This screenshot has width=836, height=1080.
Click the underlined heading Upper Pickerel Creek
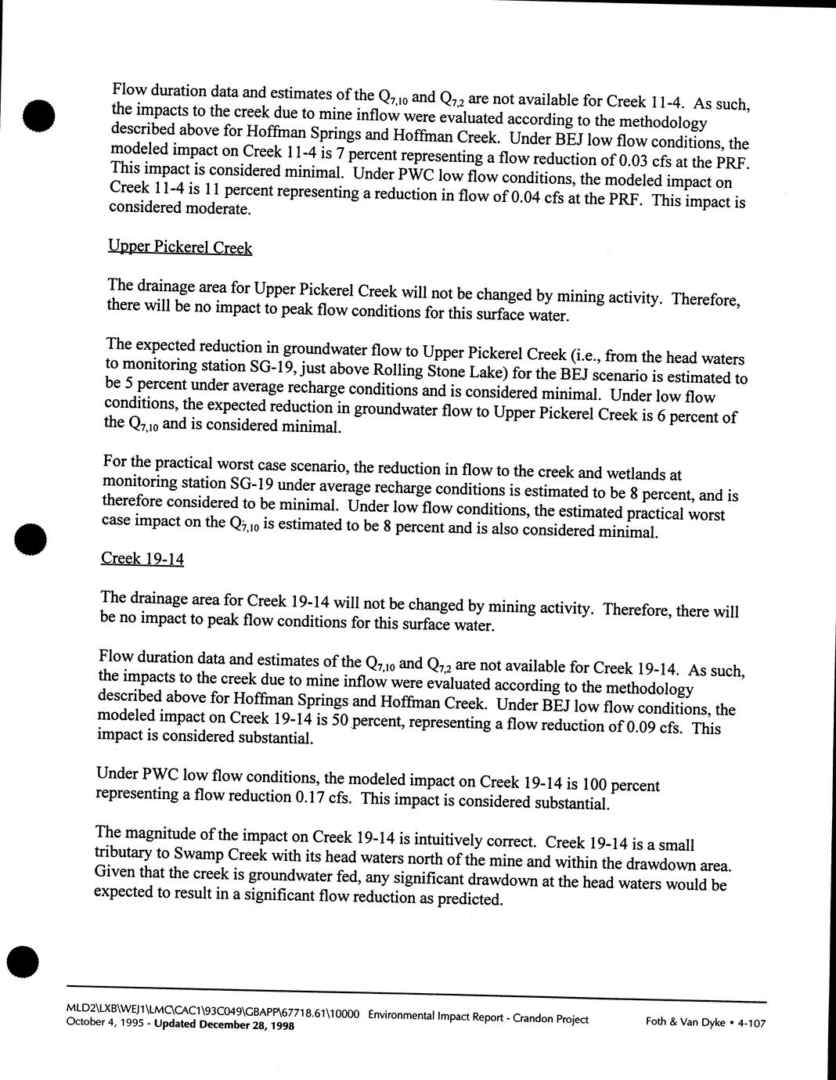click(x=180, y=247)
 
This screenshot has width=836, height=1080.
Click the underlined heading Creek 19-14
click(x=142, y=558)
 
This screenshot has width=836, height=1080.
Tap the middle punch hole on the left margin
click(x=32, y=539)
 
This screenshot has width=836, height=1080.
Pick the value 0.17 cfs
click(x=323, y=797)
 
